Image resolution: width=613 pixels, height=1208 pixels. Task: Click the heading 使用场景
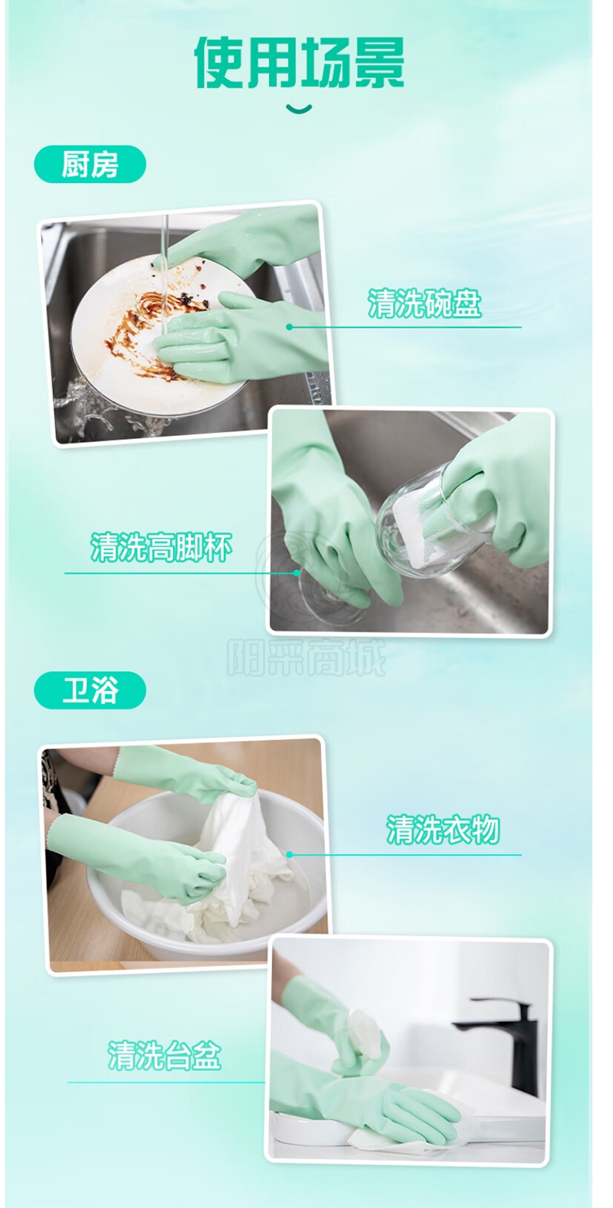[x=299, y=62]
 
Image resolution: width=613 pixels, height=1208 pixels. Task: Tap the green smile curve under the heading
[x=299, y=110]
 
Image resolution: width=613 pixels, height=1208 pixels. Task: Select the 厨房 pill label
[x=90, y=164]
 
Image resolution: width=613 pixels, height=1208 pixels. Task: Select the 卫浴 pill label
[x=90, y=689]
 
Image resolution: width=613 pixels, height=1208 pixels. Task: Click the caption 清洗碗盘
[x=425, y=303]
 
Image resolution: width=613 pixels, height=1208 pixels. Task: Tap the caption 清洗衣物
[x=442, y=829]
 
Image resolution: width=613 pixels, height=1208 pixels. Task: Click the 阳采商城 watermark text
[x=306, y=657]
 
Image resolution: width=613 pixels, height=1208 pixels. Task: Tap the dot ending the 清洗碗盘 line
[x=289, y=327]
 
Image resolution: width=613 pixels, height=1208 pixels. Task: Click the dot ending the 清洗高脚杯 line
[x=297, y=573]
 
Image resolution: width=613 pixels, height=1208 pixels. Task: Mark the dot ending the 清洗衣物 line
[x=289, y=855]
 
